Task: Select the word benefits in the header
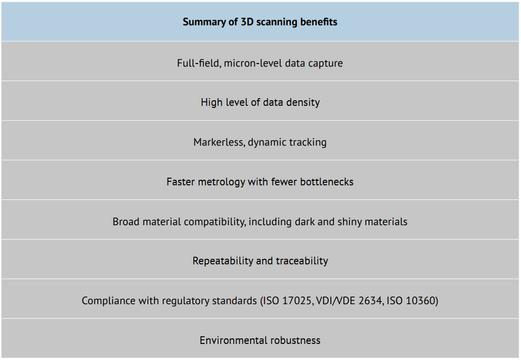(x=319, y=22)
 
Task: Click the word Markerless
(x=219, y=142)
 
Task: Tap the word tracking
(x=307, y=142)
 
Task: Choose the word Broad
(x=126, y=222)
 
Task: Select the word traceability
(x=301, y=261)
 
